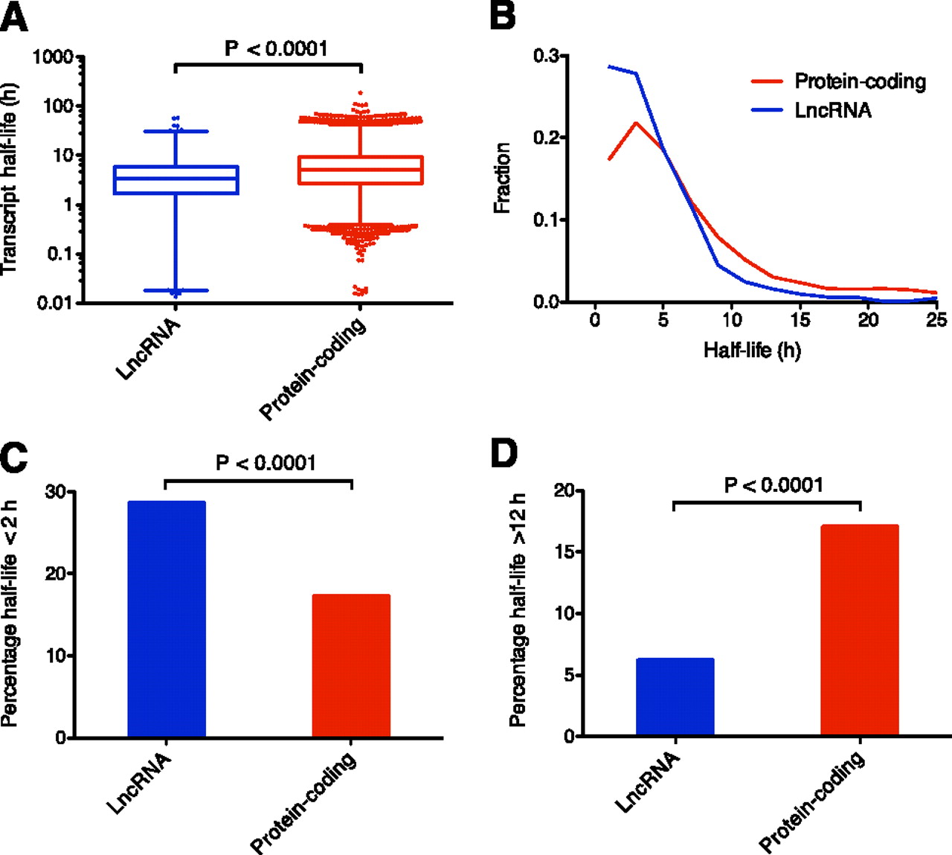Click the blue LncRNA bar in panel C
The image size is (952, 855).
167,619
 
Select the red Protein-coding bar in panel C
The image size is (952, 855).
351,665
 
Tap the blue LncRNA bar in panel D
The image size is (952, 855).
675,697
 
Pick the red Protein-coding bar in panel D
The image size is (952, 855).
859,630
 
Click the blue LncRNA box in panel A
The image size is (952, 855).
176,179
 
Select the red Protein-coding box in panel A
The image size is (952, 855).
360,170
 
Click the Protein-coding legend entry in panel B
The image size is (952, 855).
860,81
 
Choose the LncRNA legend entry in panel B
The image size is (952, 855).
832,110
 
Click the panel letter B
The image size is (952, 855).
503,16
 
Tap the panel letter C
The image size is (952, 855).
13,455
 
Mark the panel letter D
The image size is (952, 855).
504,453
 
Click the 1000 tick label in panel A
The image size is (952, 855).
53,57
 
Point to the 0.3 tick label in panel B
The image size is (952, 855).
548,57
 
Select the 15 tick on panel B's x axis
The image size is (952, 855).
800,319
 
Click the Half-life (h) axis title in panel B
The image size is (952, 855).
752,349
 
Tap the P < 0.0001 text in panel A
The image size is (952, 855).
276,48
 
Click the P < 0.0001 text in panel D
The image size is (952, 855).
773,485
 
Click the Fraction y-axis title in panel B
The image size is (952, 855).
503,179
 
